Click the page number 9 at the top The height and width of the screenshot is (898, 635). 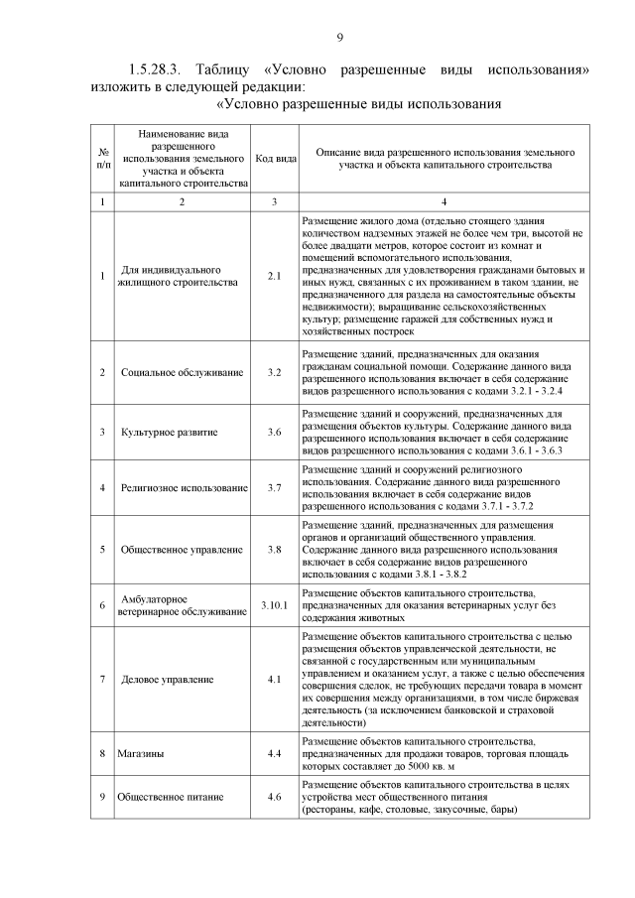tap(339, 37)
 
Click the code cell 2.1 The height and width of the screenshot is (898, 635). tap(274, 276)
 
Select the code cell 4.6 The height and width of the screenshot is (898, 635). tap(274, 797)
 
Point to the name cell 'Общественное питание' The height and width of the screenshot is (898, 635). tap(170, 797)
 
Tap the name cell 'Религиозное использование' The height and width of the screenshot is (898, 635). tap(184, 488)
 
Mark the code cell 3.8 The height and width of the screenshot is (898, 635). tap(274, 549)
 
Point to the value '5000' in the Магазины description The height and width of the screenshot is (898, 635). tap(410, 767)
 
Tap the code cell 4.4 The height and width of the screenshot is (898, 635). tap(274, 754)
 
